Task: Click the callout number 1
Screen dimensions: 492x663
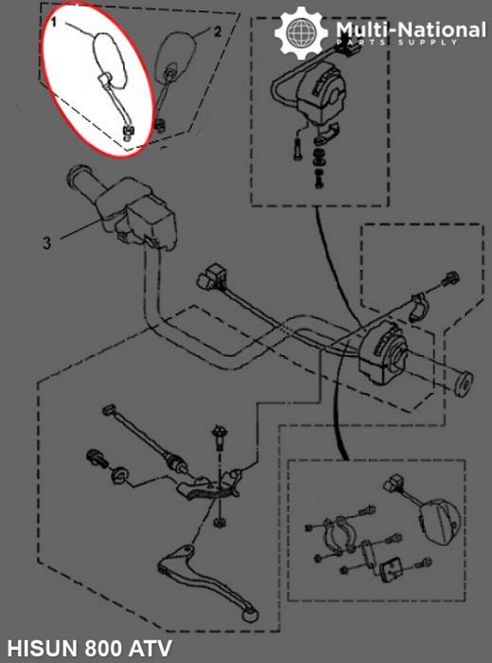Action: [x=54, y=22]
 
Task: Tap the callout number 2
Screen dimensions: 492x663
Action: [x=217, y=31]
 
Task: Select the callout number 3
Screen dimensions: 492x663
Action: [x=47, y=242]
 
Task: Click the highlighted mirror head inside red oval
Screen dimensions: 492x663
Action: [x=110, y=62]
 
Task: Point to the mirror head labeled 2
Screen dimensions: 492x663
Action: [x=176, y=56]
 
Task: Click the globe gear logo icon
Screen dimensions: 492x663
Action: [x=301, y=32]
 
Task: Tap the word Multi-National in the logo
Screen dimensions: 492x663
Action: [x=411, y=30]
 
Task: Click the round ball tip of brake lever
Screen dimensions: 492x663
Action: [x=251, y=616]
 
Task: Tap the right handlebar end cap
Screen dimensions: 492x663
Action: [x=466, y=382]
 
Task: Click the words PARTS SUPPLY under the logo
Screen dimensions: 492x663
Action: [x=397, y=43]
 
